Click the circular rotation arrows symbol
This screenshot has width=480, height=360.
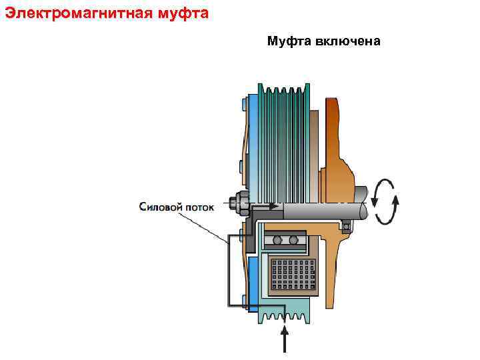[386, 201]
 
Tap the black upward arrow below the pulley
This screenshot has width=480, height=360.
[285, 337]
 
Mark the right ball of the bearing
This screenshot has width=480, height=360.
[293, 240]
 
